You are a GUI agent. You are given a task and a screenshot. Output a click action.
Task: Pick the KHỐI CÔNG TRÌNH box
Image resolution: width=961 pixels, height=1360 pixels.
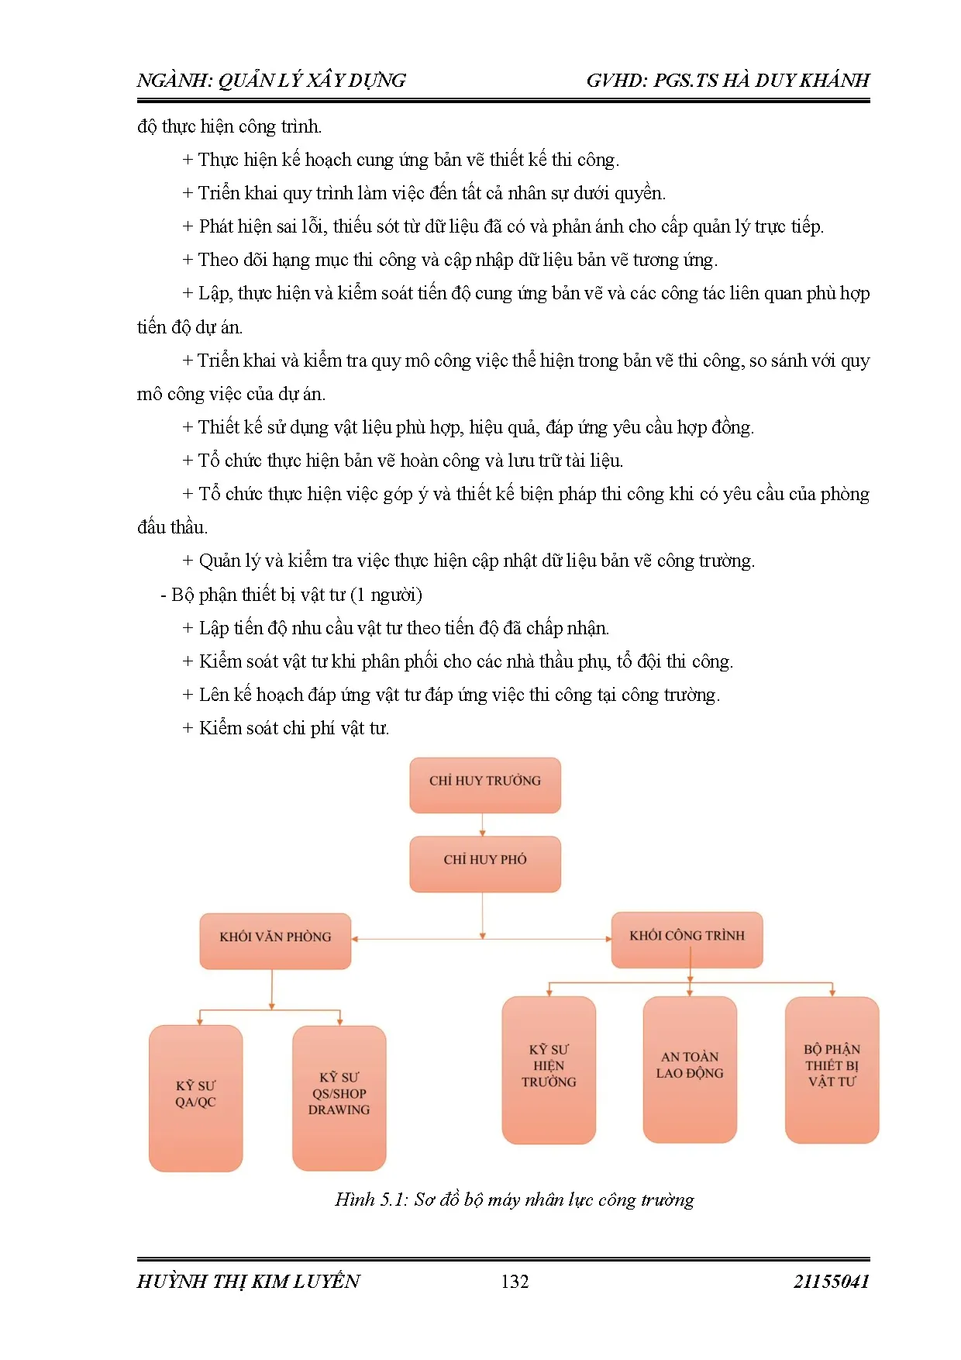687,939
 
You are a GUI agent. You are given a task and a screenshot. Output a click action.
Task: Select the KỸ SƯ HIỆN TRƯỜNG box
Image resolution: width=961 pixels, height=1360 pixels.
549,1069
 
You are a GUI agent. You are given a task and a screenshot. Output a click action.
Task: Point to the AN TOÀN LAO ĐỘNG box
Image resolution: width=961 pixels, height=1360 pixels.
690,1068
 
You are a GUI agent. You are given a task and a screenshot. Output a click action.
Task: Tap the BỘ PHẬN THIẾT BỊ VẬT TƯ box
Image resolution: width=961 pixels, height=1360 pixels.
832,1069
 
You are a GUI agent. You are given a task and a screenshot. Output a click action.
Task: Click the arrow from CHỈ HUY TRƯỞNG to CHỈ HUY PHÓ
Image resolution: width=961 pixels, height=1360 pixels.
483,824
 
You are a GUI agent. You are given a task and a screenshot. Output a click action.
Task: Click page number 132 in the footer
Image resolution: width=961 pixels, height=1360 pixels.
515,1281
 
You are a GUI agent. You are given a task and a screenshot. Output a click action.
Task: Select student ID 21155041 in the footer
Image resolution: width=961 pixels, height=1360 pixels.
831,1281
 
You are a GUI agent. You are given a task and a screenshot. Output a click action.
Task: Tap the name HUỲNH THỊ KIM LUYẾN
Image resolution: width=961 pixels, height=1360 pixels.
248,1281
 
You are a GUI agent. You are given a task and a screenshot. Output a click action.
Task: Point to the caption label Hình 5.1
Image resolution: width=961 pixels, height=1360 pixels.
370,1199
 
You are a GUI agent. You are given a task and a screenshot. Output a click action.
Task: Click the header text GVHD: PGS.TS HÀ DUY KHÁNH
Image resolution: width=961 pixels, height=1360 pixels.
727,81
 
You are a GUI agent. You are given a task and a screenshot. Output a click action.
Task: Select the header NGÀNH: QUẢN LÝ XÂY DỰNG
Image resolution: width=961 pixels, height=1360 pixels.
271,81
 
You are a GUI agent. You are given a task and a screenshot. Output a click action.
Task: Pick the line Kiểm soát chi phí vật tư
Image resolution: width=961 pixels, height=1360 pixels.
294,728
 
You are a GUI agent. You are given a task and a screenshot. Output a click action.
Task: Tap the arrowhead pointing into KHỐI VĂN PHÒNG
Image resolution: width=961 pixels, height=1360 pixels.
355,939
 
